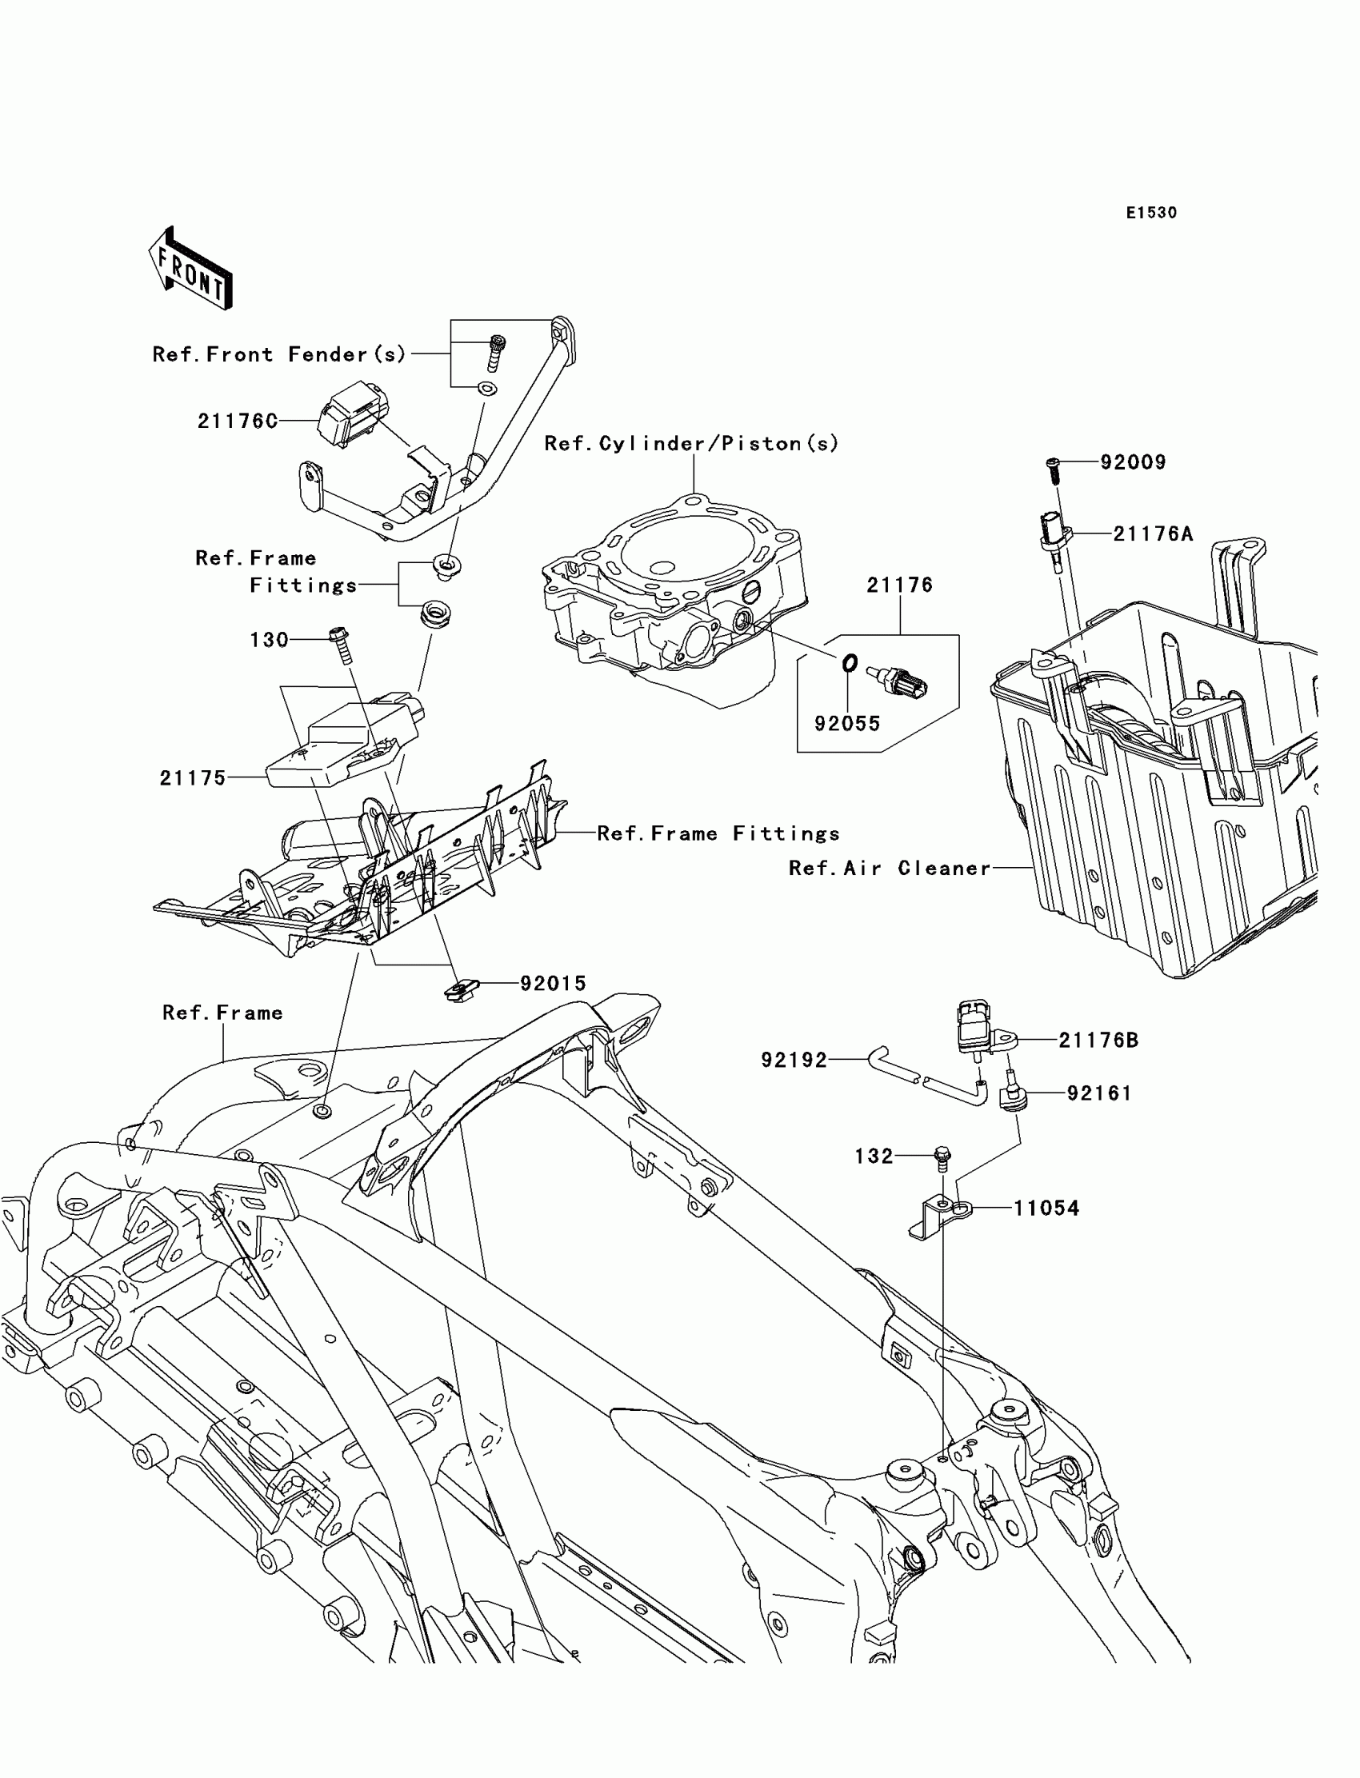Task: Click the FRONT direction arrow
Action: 191,270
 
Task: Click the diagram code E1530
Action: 1151,213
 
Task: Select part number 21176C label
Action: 237,421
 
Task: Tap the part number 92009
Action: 1133,462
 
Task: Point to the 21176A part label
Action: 1153,533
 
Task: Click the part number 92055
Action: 846,724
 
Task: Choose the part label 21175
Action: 193,777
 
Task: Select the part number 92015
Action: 553,983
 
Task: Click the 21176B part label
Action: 1098,1040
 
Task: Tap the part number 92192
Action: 794,1059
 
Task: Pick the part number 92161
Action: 1099,1093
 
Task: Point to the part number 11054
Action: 1046,1209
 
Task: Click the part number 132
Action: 874,1157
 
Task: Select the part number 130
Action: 269,640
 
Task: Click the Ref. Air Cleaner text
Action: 890,869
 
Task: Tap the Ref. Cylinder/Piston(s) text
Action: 691,443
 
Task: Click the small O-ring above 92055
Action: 849,664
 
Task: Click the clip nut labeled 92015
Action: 462,989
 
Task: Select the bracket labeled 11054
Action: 939,1218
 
